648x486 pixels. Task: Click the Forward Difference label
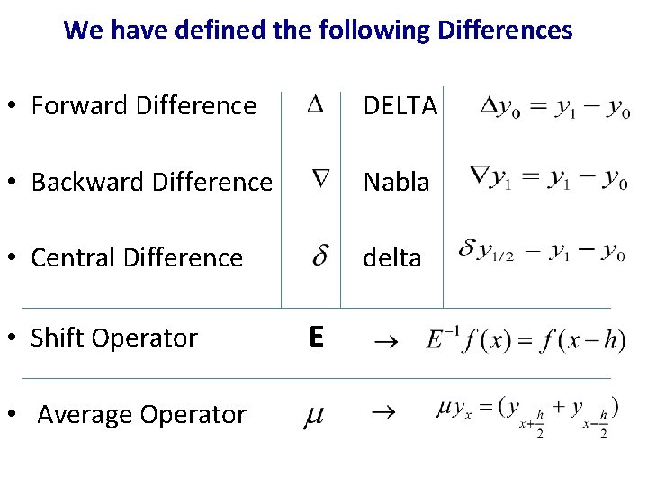click(144, 106)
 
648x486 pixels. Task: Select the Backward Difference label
click(151, 182)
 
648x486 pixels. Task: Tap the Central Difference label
click(137, 257)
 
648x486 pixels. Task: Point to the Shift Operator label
click(114, 337)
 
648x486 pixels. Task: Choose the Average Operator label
click(141, 414)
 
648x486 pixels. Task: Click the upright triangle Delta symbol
click(315, 104)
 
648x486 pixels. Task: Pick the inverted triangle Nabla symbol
click(320, 179)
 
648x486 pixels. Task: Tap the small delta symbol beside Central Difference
click(319, 256)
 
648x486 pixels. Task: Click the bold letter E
click(315, 337)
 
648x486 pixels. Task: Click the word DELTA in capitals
click(400, 107)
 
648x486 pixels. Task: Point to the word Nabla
click(397, 182)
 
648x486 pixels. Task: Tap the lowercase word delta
click(391, 257)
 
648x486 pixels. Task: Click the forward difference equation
click(553, 109)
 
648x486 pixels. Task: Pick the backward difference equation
click(548, 178)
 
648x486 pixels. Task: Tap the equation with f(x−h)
click(526, 340)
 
